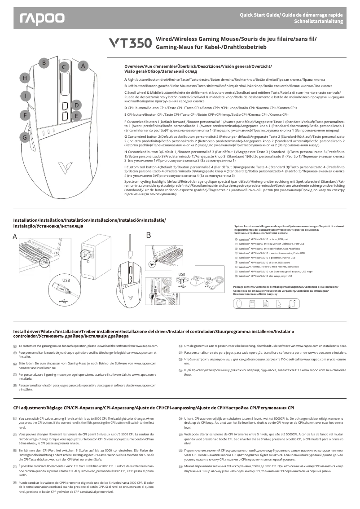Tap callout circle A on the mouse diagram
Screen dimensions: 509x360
pos(83,66)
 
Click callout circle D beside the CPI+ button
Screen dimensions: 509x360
pos(77,105)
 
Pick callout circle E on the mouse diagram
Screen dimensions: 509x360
pos(77,116)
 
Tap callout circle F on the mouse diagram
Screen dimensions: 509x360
pos(26,115)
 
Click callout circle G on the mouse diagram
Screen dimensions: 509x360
pos(26,137)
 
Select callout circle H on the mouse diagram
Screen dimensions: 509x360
pos(26,79)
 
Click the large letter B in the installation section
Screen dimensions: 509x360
pos(149,235)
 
